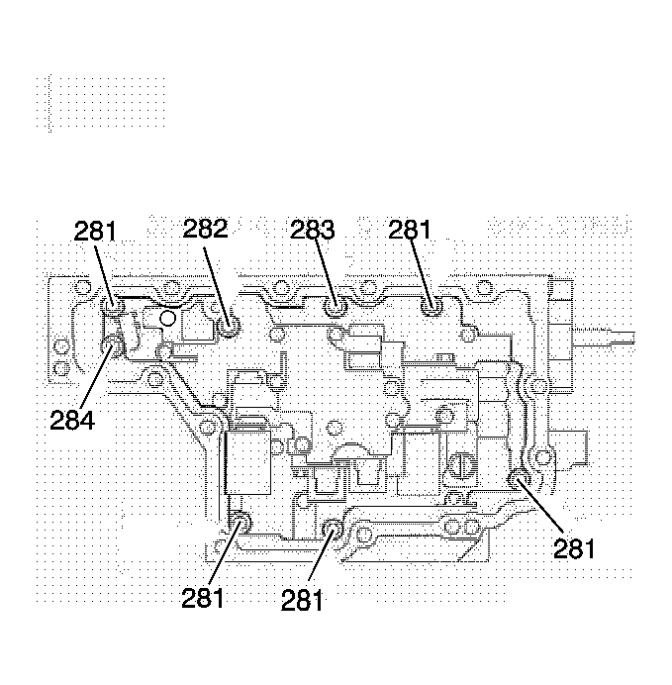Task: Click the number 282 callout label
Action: click(x=205, y=229)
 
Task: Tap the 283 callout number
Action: click(x=312, y=230)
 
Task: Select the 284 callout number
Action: click(x=72, y=421)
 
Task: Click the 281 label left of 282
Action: click(x=95, y=231)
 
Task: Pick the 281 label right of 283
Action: click(x=410, y=230)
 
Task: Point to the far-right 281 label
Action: click(x=574, y=548)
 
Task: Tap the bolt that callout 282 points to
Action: click(x=229, y=327)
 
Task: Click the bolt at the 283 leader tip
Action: click(x=336, y=308)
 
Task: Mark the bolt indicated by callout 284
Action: click(x=112, y=346)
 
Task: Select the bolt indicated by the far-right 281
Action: click(x=520, y=479)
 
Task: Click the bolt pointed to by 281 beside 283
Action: click(x=432, y=308)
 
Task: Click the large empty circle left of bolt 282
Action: click(x=167, y=319)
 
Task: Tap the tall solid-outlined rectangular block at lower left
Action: click(x=247, y=462)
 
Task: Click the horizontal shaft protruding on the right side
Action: click(x=604, y=338)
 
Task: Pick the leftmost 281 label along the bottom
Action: click(x=203, y=598)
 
